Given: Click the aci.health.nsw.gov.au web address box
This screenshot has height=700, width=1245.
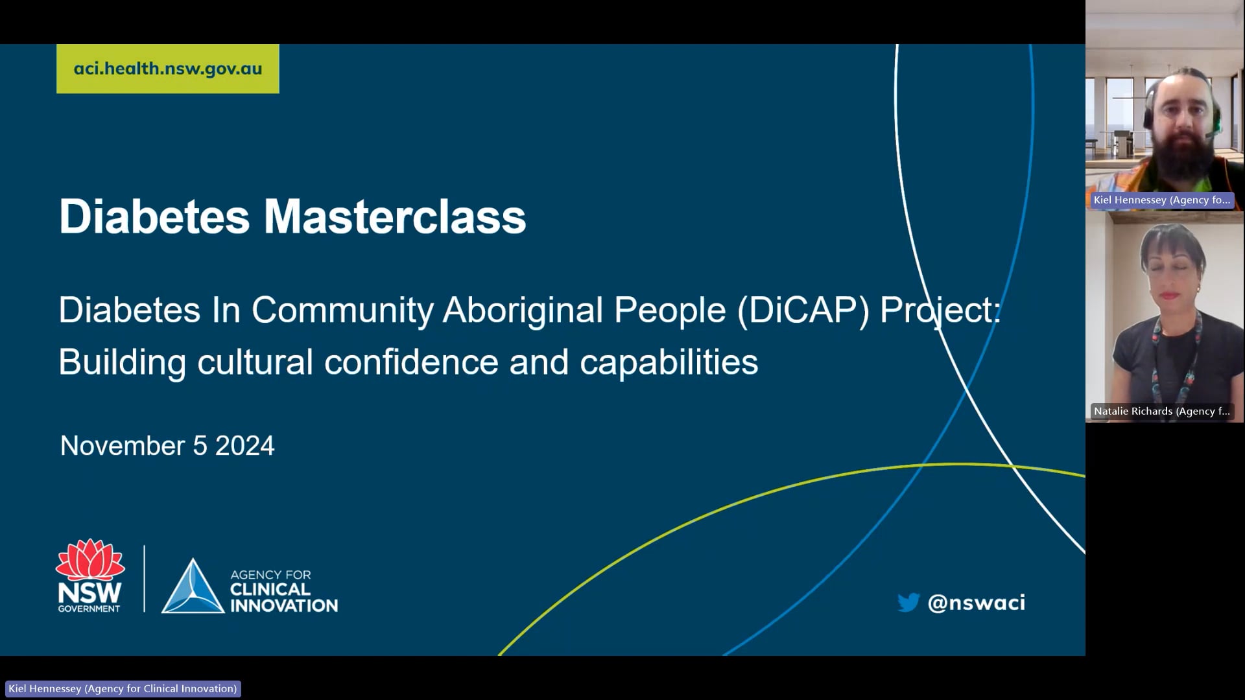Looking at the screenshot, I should pos(167,69).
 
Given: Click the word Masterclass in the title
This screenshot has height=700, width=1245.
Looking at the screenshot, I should pos(394,216).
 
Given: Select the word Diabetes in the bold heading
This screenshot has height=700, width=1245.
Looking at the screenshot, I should pos(154,216).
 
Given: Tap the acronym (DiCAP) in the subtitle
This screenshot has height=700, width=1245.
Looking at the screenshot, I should pos(803,310).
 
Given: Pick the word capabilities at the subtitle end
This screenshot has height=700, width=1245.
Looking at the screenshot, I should pos(669,362).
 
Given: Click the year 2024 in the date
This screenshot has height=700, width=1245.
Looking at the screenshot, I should pos(244,446).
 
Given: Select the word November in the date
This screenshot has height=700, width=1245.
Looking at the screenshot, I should pos(123,446).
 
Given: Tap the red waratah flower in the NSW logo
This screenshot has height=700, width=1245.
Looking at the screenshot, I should pos(89,560).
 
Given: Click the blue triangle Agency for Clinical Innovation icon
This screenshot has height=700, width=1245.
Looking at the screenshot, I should pos(192,587).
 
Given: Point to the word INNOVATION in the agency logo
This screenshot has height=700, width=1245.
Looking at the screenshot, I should pos(284,606).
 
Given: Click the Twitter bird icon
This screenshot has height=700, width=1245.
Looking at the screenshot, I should pos(908,602).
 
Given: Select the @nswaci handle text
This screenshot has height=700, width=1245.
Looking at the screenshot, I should pos(977,603).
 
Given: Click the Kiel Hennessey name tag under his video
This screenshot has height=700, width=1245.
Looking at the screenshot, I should pos(1161,200).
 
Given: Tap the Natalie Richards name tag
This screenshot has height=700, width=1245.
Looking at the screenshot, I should pos(1161,411).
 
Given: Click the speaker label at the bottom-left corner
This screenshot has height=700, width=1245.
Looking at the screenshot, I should pos(123,688).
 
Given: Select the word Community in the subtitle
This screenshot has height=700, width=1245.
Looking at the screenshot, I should pos(342,310).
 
